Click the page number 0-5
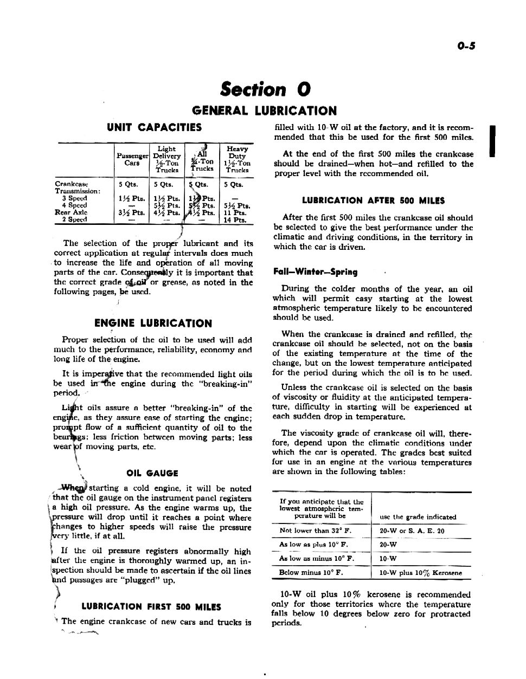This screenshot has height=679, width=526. click(465, 46)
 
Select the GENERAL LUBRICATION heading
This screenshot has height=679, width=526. click(264, 111)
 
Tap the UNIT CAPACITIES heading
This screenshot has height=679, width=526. click(154, 128)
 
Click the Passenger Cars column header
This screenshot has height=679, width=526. click(132, 159)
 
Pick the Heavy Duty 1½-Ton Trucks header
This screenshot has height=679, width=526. click(237, 159)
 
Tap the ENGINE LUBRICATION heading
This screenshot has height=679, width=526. click(153, 324)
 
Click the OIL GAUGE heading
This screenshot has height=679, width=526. click(152, 474)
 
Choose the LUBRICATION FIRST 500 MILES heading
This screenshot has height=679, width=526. click(151, 607)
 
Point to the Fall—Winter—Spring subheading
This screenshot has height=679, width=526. click(315, 272)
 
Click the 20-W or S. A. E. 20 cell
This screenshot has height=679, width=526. click(412, 531)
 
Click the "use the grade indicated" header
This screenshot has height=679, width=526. click(418, 517)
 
